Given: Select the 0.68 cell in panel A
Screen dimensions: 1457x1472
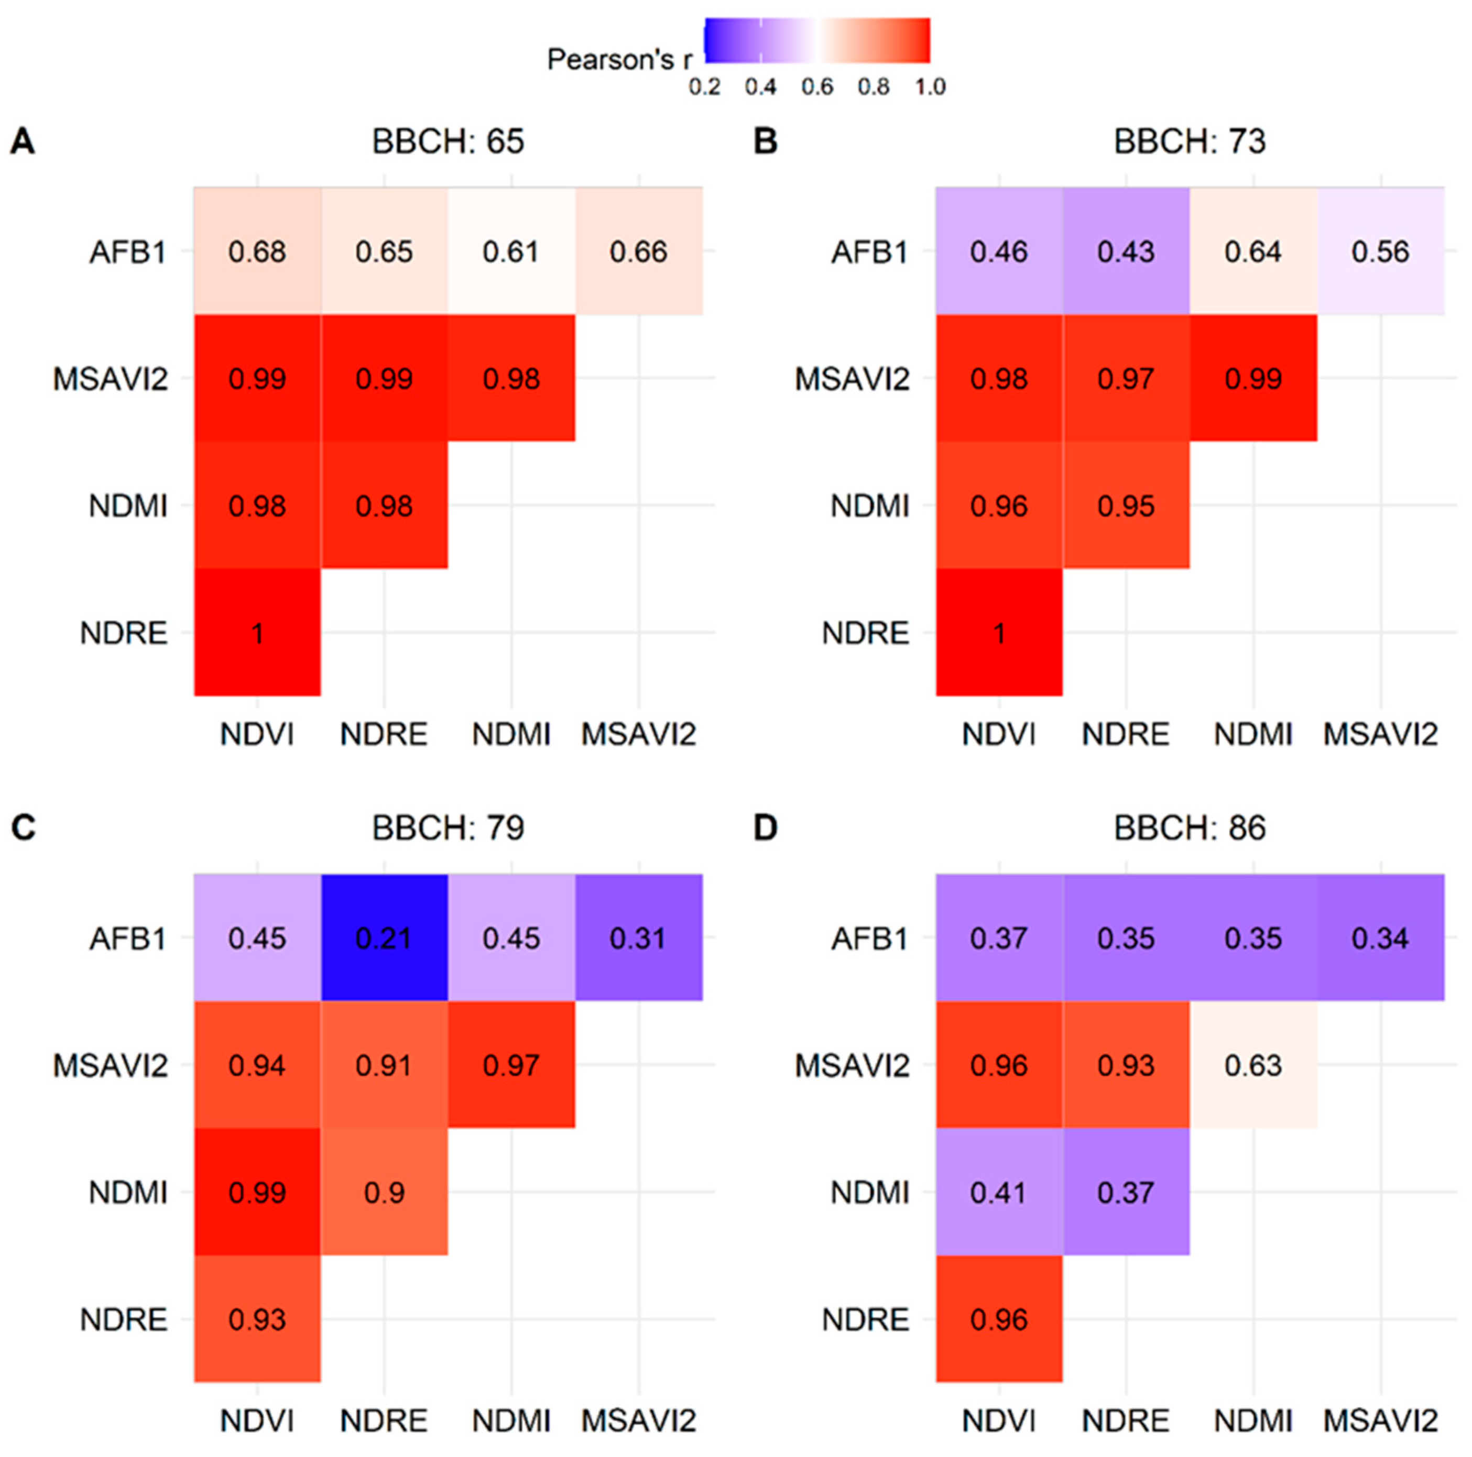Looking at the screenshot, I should (257, 251).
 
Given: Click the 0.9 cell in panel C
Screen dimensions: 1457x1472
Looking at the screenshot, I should (384, 1192).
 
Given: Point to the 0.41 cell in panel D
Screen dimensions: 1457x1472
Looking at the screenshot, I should (998, 1192).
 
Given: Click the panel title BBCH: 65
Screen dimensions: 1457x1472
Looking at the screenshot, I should (448, 141).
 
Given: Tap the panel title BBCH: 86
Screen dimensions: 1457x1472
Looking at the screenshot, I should (1190, 828).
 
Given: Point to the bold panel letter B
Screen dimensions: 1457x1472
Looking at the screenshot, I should (765, 141).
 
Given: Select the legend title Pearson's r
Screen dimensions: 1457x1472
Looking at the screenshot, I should (619, 59).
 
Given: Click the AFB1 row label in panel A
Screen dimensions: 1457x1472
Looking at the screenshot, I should (128, 251).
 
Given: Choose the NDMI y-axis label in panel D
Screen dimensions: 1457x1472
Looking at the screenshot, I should (869, 1192).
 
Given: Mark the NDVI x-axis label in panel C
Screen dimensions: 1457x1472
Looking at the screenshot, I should (257, 1420).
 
